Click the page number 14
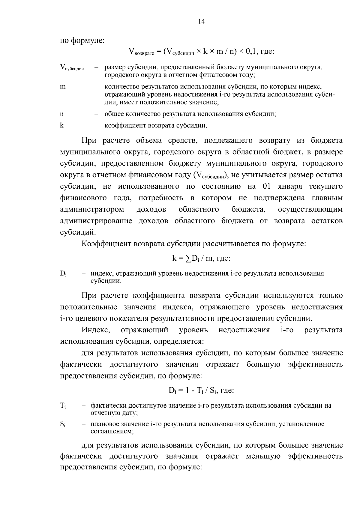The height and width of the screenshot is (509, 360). (x=201, y=21)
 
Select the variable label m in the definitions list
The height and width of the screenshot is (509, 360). (x=63, y=87)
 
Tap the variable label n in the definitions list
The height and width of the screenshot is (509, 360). (x=62, y=114)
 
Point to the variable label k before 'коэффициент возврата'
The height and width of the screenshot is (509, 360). (x=62, y=125)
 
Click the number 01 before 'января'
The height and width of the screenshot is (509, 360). (x=267, y=187)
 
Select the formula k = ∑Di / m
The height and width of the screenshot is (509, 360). (x=201, y=258)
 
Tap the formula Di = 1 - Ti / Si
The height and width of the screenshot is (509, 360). (x=201, y=390)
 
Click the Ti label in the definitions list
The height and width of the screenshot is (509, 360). (x=63, y=406)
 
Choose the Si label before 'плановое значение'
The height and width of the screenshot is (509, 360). (x=63, y=424)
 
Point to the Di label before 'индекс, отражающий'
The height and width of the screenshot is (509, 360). (x=63, y=274)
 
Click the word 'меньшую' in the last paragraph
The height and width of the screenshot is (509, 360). (x=263, y=456)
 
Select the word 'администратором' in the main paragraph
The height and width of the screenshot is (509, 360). (x=92, y=209)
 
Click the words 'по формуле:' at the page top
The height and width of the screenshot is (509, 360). (x=82, y=40)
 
